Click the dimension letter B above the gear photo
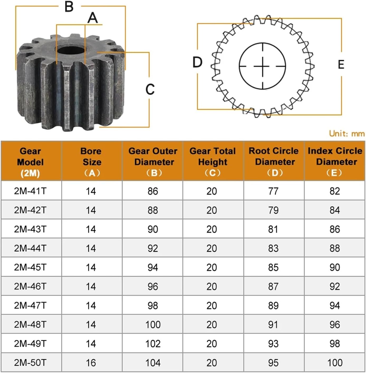coord(69,7)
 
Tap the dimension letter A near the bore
coord(93,18)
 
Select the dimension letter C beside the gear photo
coord(150,89)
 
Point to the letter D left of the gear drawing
coord(197,63)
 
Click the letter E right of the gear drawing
coord(341,65)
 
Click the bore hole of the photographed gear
coord(71,50)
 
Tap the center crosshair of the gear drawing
coord(262,66)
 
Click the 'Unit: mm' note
coord(347,133)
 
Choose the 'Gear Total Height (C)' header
coord(213,162)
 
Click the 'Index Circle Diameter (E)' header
coord(335,162)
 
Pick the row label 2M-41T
coord(30,191)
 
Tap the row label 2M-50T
coord(30,363)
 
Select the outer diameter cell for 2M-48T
coord(153,325)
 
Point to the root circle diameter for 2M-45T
coord(273,267)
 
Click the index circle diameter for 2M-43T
coord(335,229)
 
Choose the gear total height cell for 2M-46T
coord(212,286)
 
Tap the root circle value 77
coord(273,191)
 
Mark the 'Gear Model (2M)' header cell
coord(30,162)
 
